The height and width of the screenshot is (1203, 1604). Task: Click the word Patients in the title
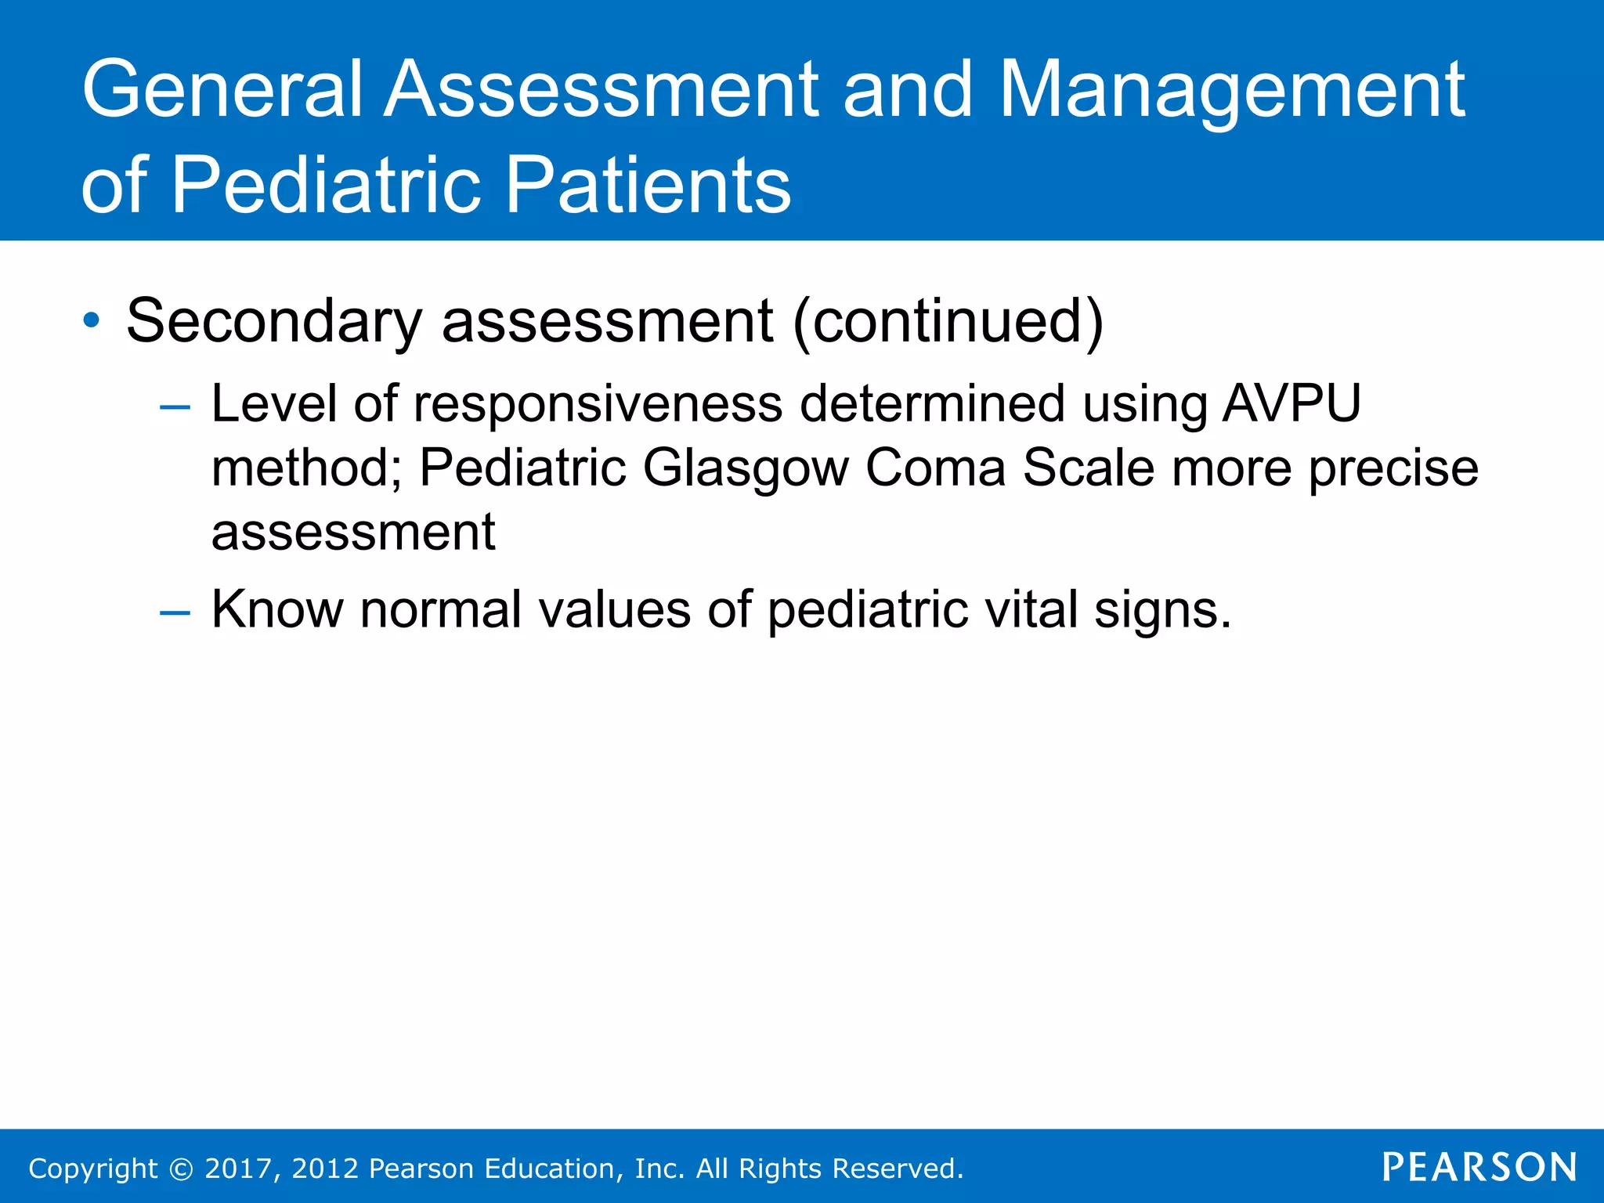click(x=648, y=185)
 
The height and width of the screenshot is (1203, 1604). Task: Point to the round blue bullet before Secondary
click(x=92, y=320)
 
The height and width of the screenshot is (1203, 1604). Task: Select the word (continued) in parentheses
click(x=948, y=320)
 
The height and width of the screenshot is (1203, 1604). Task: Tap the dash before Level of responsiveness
click(x=174, y=407)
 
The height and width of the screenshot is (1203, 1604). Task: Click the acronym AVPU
click(x=1292, y=404)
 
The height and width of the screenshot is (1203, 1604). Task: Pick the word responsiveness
click(x=598, y=404)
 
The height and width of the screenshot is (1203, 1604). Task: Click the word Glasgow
click(x=746, y=468)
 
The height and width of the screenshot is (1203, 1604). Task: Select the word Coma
click(x=935, y=468)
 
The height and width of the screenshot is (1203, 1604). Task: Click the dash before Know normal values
click(x=174, y=612)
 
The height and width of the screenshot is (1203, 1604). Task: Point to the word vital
click(x=1031, y=609)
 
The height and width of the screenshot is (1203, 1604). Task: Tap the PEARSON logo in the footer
click(x=1479, y=1167)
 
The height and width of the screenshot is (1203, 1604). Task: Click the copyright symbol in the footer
click(x=181, y=1169)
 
